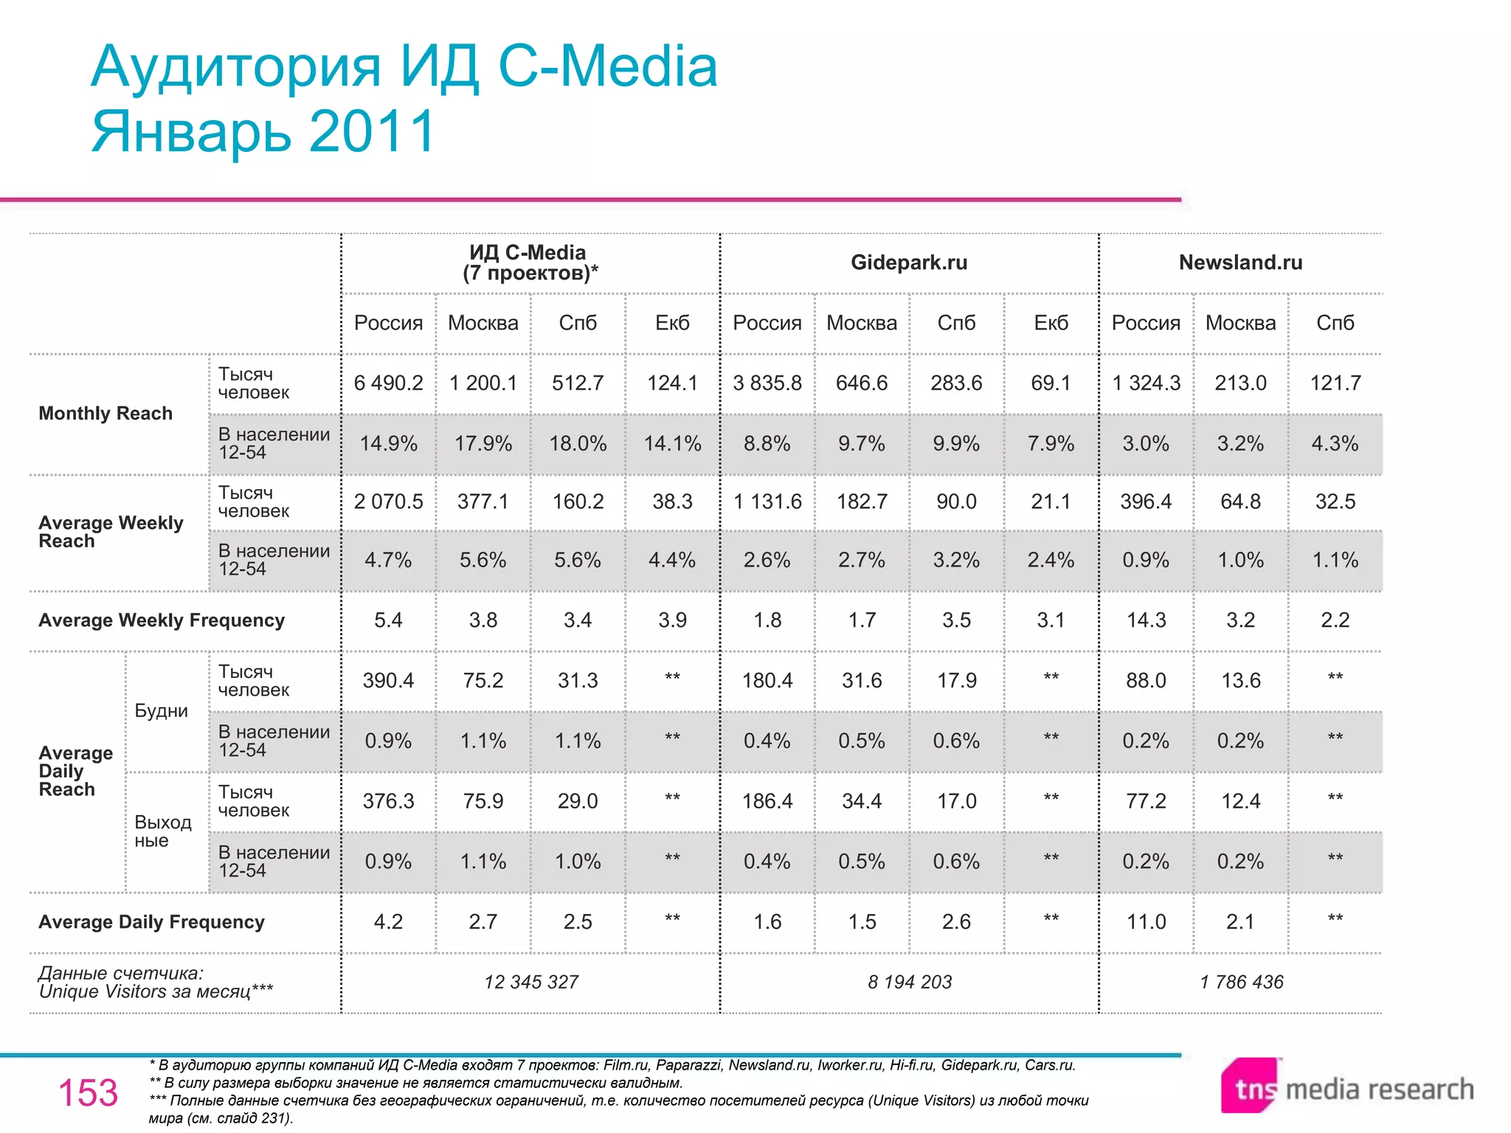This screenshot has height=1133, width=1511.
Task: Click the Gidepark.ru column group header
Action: pos(908,263)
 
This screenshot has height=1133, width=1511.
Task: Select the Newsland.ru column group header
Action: pos(1240,263)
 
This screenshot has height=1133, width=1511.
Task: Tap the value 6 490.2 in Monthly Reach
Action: pos(388,383)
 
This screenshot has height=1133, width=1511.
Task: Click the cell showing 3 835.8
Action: pos(767,383)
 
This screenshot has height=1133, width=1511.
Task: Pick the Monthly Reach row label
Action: pos(106,413)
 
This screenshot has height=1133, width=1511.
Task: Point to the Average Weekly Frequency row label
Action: pos(162,620)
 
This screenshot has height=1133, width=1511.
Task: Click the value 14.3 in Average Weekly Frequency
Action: pos(1146,620)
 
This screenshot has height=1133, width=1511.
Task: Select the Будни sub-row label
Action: pos(161,711)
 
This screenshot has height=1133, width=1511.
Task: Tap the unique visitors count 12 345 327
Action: pos(531,982)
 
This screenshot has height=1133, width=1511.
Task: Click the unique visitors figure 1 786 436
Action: pos(1241,982)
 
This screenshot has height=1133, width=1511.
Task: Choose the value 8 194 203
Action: pos(910,982)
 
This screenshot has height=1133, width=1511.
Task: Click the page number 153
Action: pos(88,1092)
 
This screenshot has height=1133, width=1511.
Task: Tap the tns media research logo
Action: pos(1346,1088)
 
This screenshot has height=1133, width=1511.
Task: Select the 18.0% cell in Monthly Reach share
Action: pos(578,443)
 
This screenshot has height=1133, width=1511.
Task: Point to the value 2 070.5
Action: pos(388,502)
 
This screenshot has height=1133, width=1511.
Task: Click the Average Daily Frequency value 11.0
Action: pos(1146,921)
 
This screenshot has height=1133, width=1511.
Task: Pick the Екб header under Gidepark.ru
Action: pos(1051,322)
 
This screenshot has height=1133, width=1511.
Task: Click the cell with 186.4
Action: pos(767,801)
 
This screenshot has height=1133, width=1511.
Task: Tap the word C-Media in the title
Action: pos(608,66)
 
